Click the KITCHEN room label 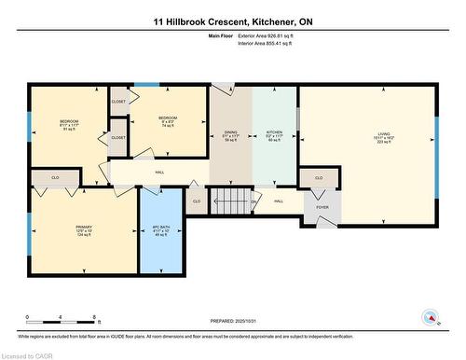[274, 133]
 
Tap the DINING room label [230, 133]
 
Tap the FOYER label [322, 208]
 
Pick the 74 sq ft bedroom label [168, 122]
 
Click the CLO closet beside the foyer [318, 177]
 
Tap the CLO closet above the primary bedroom [55, 177]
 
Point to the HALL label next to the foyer [279, 201]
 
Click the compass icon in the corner [432, 316]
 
